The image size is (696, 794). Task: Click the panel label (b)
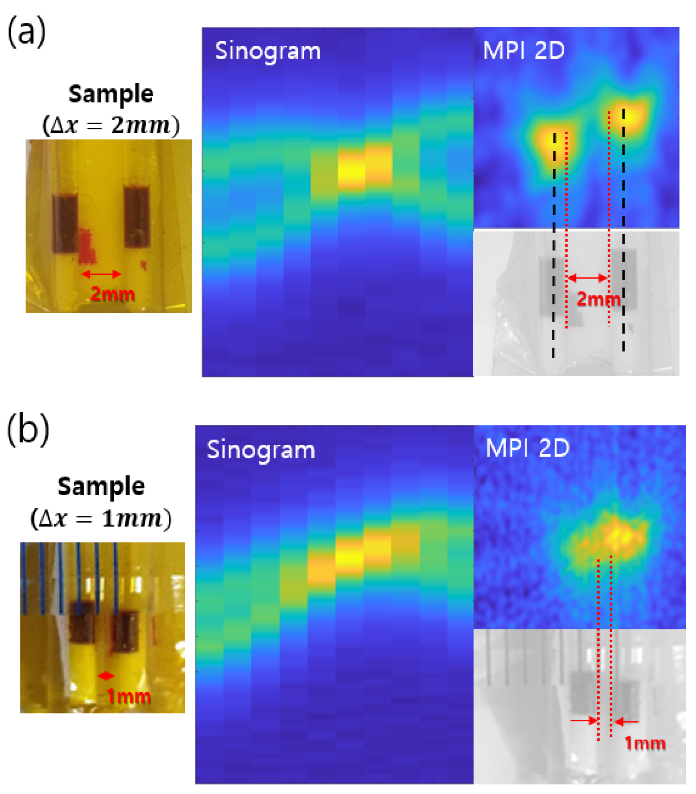(x=28, y=431)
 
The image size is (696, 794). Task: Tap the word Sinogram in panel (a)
(x=268, y=52)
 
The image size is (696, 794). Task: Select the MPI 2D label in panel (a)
(x=523, y=50)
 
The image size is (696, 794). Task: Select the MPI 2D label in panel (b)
(x=527, y=448)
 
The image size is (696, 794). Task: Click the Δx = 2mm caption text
(x=111, y=126)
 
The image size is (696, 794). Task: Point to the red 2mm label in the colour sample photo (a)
(x=113, y=294)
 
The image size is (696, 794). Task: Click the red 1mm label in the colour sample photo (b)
(x=129, y=697)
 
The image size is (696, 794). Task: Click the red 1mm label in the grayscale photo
(x=645, y=743)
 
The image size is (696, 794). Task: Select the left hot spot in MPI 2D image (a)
(x=552, y=141)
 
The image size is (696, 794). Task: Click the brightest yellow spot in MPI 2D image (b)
(x=615, y=535)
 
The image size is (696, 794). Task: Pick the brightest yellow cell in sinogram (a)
(x=351, y=171)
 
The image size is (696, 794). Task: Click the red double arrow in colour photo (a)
(x=101, y=274)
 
